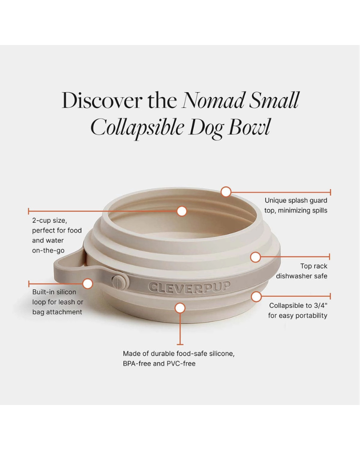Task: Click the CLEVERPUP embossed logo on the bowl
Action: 189,287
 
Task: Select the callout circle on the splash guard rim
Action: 226,192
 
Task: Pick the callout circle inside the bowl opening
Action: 182,211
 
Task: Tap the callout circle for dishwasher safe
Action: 256,257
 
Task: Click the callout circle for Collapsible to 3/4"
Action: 256,297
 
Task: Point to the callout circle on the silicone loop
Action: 88,283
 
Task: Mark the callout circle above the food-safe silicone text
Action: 180,308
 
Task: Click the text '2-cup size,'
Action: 49,220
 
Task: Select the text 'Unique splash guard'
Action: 296,200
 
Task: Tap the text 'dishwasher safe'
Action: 301,276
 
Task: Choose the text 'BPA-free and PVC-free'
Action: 159,364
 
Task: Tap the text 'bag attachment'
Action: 57,312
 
